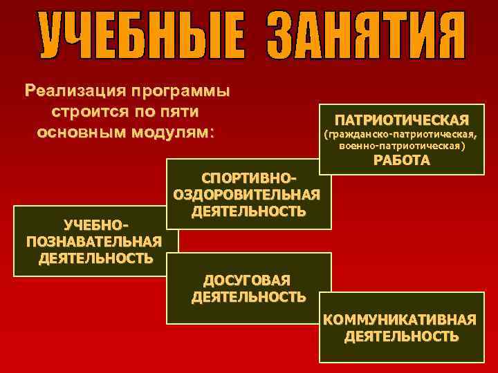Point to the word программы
183,91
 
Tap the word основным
82,131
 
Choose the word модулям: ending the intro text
174,131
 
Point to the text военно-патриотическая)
402,146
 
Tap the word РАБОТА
402,161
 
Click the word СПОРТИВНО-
248,179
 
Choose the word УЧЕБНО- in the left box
96,225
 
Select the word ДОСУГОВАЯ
247,280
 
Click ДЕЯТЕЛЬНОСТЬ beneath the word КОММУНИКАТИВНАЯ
401,336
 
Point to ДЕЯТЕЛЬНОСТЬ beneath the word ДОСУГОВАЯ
248,297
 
